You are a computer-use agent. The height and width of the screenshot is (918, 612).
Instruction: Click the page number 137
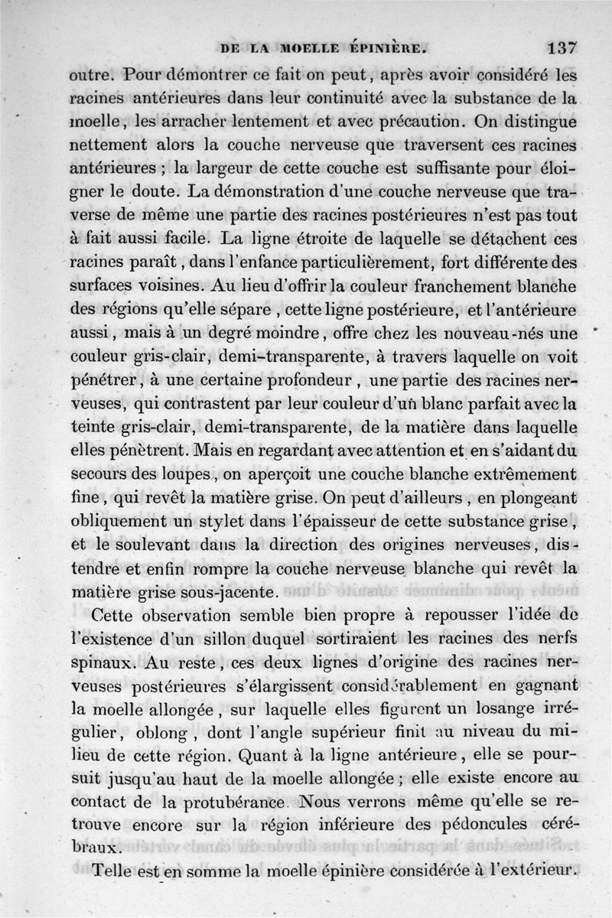(562, 48)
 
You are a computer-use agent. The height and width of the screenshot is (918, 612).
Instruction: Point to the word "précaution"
(418, 121)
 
